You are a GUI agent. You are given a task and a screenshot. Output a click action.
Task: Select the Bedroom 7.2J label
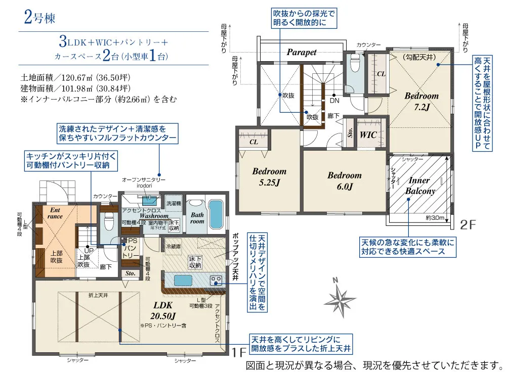click(421, 101)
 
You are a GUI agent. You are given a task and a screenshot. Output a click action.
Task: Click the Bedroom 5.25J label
click(269, 176)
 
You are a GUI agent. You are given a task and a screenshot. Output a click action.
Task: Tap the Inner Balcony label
click(419, 186)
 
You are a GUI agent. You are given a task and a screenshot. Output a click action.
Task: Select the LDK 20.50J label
click(163, 310)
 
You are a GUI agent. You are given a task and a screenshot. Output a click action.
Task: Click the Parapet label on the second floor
click(302, 52)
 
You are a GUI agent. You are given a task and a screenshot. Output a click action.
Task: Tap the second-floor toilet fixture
click(355, 65)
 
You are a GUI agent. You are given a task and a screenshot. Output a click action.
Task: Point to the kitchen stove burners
click(217, 280)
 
